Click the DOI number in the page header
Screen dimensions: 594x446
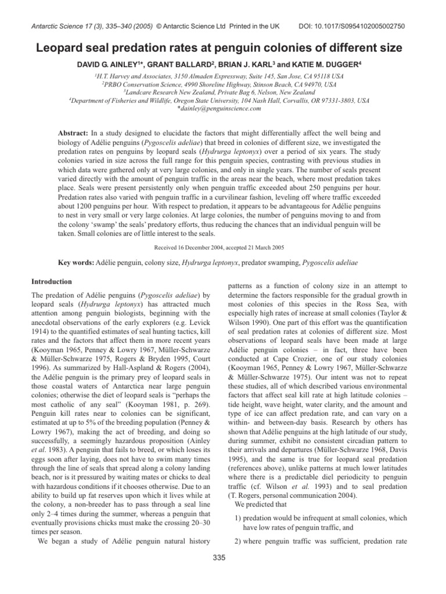[x=372, y=10]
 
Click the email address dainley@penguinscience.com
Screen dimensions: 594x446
[x=224, y=108]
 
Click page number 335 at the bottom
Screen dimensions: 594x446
[x=223, y=558]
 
